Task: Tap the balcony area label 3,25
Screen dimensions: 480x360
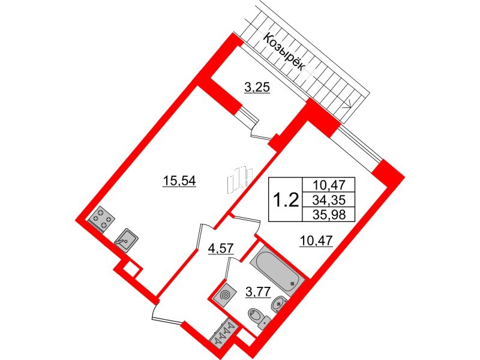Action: [x=257, y=88]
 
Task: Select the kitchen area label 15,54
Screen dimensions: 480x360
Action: [x=179, y=181]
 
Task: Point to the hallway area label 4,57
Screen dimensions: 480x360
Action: [x=221, y=248]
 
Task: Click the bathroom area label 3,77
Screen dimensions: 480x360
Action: [x=258, y=292]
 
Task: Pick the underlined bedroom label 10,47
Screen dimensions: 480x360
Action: [x=316, y=241]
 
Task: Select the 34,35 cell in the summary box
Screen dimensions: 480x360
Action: [x=329, y=200]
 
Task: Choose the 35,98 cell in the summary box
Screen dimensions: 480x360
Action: [x=329, y=215]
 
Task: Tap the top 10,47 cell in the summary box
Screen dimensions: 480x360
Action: [x=329, y=185]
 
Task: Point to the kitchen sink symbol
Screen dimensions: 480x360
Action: [x=127, y=241]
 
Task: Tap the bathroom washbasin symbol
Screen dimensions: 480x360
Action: [x=278, y=304]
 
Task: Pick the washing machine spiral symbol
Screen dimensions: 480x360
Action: [x=226, y=295]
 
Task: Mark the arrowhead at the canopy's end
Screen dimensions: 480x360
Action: [x=347, y=105]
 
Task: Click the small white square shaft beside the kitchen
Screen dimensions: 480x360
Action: [x=128, y=270]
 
